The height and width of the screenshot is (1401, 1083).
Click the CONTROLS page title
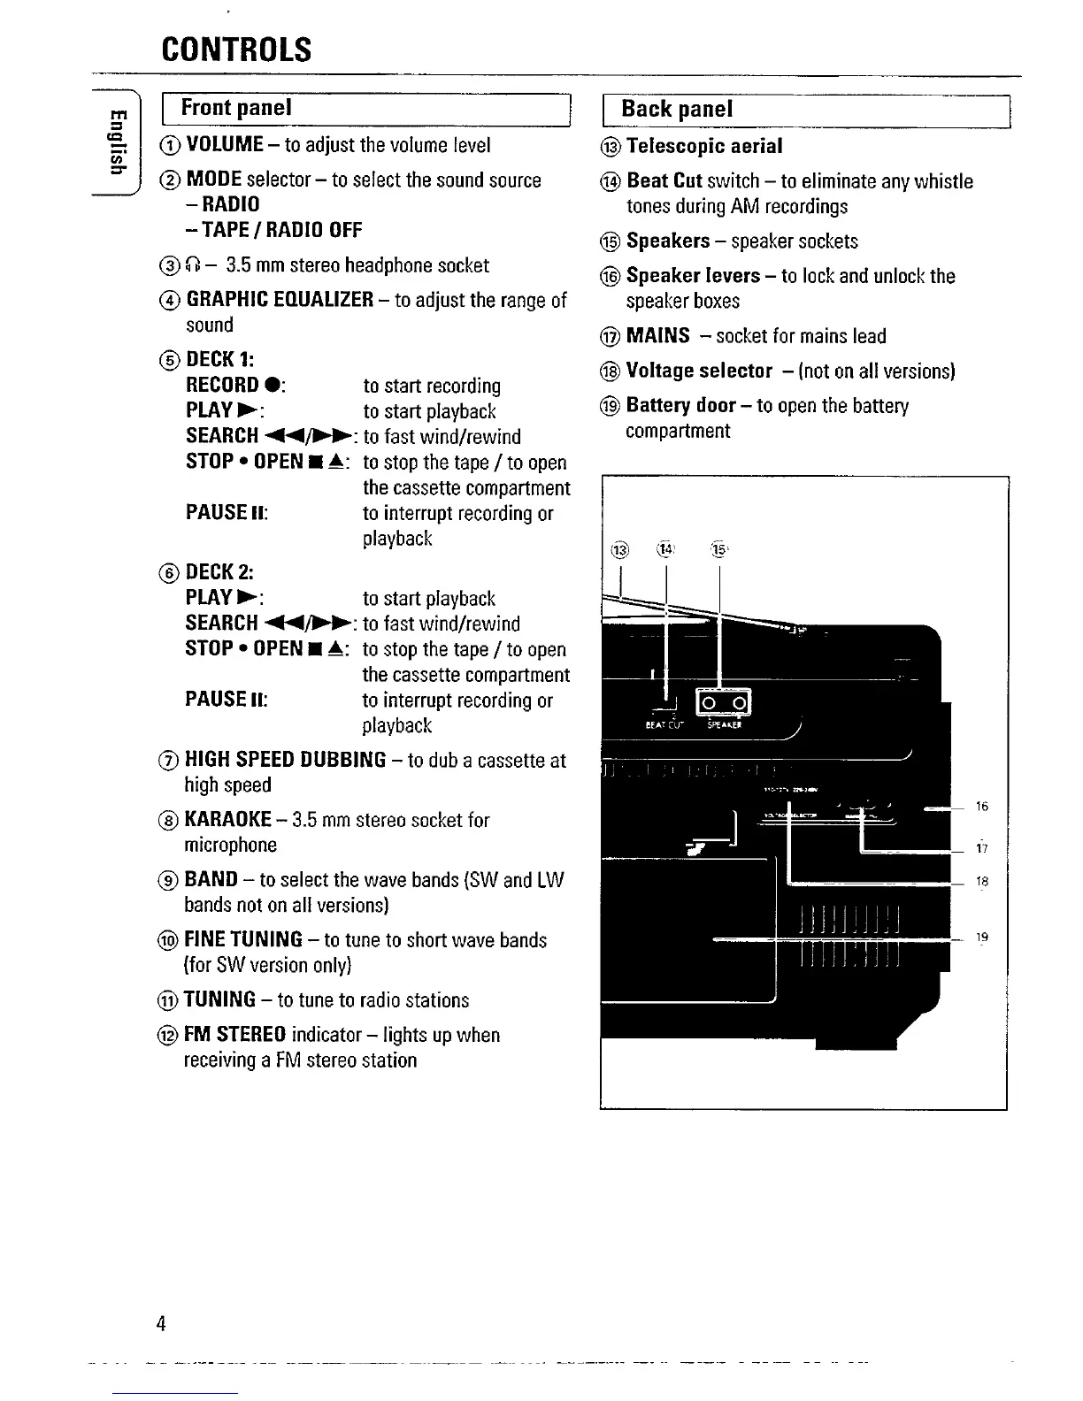pos(236,50)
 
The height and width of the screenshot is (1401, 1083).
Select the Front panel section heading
pos(235,108)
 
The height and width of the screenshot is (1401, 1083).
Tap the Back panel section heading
pos(677,109)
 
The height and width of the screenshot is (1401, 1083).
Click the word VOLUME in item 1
pos(225,144)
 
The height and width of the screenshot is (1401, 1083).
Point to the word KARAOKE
pos(227,820)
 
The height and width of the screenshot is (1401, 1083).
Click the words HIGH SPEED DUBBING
pos(285,760)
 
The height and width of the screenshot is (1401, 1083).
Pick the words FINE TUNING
pos(243,939)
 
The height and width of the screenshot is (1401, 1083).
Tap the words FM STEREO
pos(234,1035)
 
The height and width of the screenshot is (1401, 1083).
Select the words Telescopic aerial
pos(704,146)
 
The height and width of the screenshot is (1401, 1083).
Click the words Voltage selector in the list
pos(699,371)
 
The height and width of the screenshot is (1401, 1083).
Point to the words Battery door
pos(680,405)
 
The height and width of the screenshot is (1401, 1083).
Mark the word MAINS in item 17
pos(657,336)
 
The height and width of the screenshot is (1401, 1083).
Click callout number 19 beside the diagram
pos(982,938)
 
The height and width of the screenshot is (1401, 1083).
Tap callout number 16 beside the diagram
pos(982,807)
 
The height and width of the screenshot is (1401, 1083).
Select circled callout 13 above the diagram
pos(619,551)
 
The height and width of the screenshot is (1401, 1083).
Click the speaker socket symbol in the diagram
pos(725,703)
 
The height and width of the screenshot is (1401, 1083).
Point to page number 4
pos(161,1323)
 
